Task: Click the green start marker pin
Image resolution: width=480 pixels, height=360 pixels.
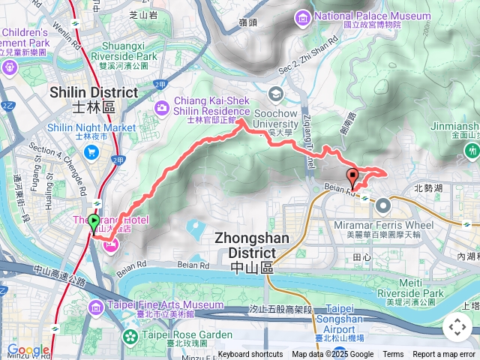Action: click(x=94, y=223)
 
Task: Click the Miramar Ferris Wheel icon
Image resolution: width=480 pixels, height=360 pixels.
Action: click(x=383, y=205)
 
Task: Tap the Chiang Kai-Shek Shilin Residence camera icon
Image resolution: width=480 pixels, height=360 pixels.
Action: click(x=162, y=109)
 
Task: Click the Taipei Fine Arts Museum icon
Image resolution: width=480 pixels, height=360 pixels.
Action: click(x=95, y=307)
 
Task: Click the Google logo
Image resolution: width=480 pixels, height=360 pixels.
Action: click(x=28, y=350)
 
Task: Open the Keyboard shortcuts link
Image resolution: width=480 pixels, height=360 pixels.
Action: click(x=250, y=355)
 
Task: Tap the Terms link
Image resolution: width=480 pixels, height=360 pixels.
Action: click(x=393, y=355)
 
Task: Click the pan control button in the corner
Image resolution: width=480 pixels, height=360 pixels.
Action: click(x=457, y=327)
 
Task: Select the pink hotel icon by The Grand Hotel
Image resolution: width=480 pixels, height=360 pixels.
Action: click(x=110, y=244)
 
